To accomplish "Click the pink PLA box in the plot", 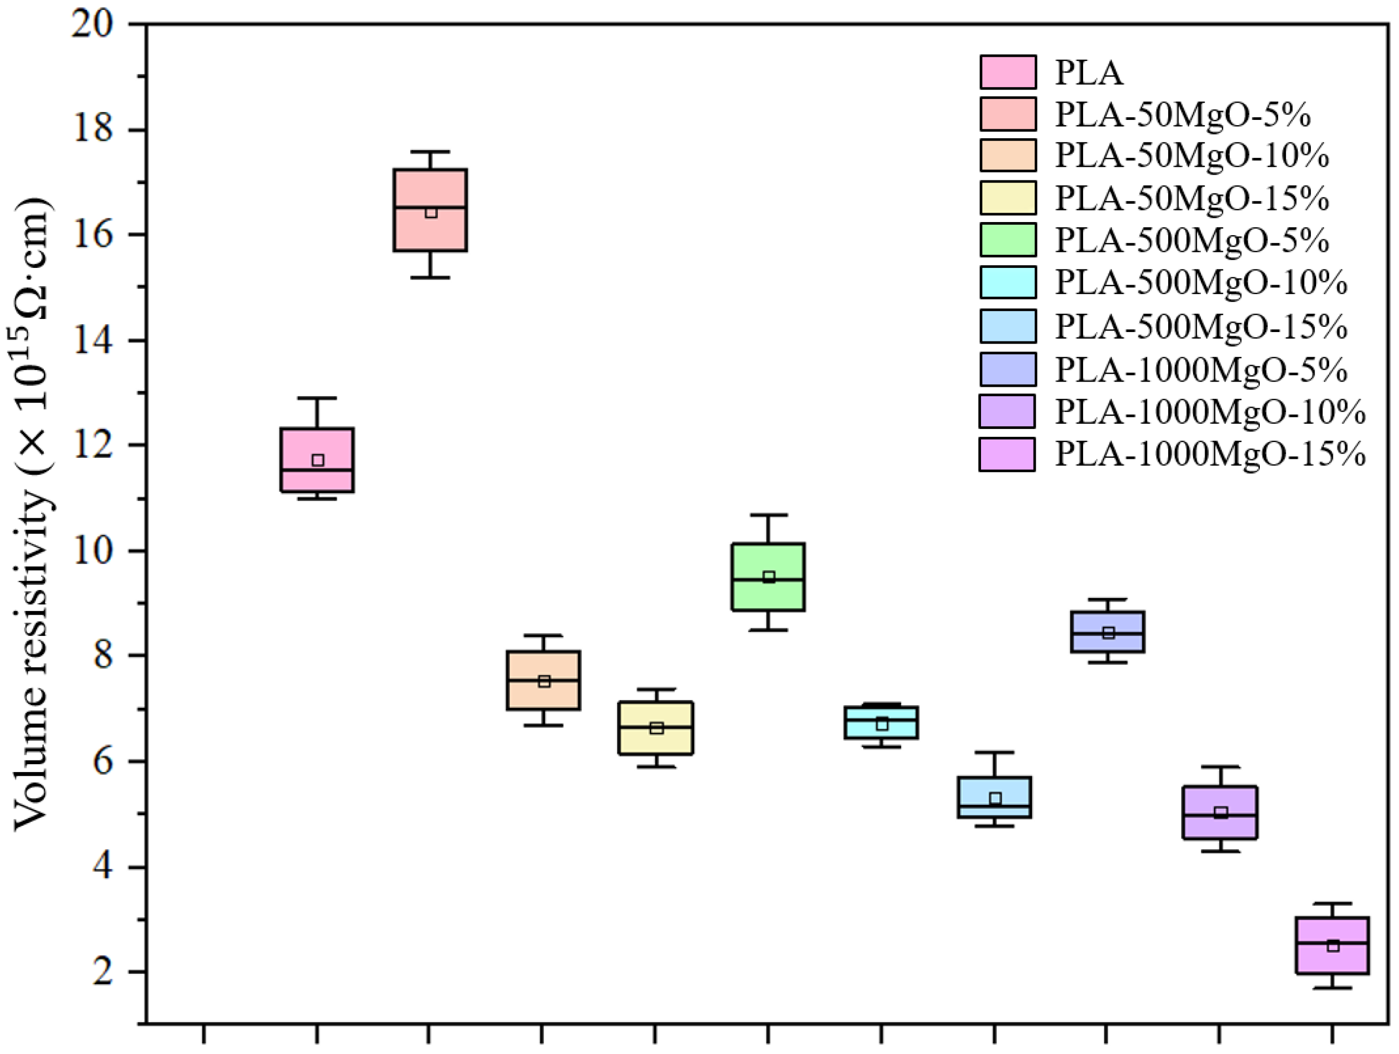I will pyautogui.click(x=317, y=460).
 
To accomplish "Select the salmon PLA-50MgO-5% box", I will pyautogui.click(x=430, y=210).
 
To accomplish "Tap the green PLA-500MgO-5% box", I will pyautogui.click(x=768, y=577).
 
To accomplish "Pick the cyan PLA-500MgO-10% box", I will pyautogui.click(x=881, y=722).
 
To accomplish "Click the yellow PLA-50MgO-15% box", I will pyautogui.click(x=656, y=728).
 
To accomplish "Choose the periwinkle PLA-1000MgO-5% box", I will pyautogui.click(x=1108, y=632).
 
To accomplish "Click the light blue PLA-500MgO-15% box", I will pyautogui.click(x=995, y=798).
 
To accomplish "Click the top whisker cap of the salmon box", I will pyautogui.click(x=430, y=152).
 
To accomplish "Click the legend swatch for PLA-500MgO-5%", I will pyautogui.click(x=1008, y=240).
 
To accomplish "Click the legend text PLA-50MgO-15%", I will pyautogui.click(x=1192, y=199).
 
